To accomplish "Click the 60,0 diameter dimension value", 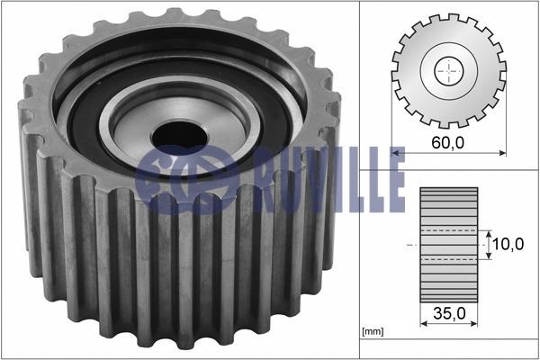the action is pos(447,142).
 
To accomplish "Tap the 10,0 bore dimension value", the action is pos(508,244).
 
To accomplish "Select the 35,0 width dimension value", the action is pos(449,313).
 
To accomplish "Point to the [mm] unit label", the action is pos(373,331).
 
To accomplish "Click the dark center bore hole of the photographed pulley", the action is pos(179,137).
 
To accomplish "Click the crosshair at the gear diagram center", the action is pos(449,71).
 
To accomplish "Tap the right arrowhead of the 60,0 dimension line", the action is pos(502,153).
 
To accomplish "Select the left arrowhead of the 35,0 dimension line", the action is pos(424,323).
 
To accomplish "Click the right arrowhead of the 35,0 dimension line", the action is pos(474,323).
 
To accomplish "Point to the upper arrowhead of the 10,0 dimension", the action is pos(489,234).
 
